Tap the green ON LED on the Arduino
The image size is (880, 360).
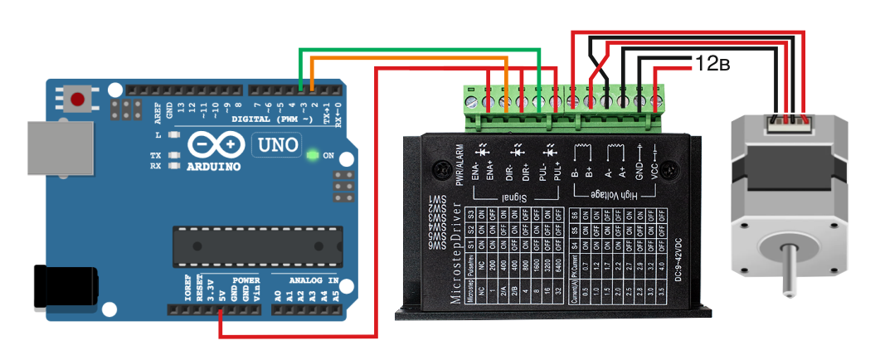[312, 155]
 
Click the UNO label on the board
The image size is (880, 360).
[275, 144]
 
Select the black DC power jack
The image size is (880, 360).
[62, 286]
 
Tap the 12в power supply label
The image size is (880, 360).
[712, 63]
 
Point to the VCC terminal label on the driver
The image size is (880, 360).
[654, 169]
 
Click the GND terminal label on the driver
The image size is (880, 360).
[639, 169]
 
